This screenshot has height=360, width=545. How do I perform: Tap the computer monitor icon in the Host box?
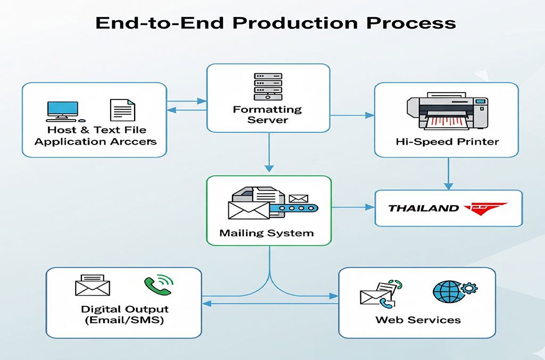coord(62,110)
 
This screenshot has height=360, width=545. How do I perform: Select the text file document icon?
coord(122,110)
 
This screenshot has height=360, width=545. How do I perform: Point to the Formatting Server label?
coord(268,115)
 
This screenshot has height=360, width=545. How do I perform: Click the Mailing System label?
coord(267,233)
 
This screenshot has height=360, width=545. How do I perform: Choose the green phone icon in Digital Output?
coord(158,285)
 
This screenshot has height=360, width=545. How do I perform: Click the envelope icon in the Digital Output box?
coord(92,285)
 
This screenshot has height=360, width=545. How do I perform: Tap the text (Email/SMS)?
coord(125,320)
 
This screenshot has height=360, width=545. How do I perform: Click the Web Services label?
coord(418,320)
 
